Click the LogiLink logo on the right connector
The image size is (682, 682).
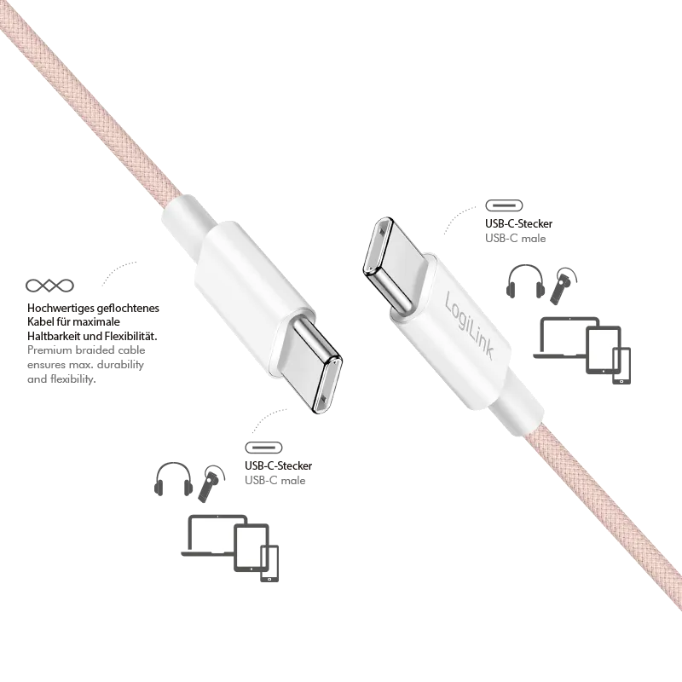click(470, 326)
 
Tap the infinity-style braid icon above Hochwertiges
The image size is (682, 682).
click(49, 286)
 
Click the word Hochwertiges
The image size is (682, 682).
click(61, 309)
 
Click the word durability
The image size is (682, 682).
click(120, 365)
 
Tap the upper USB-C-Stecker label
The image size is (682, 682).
click(519, 223)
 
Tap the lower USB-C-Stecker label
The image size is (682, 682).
click(279, 465)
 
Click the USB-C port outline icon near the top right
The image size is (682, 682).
click(504, 205)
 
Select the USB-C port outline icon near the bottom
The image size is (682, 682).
click(263, 448)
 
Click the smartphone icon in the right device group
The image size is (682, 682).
click(621, 366)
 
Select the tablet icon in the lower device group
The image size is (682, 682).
click(251, 548)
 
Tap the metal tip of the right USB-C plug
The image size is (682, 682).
click(387, 263)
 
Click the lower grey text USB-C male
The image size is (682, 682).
click(275, 481)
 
